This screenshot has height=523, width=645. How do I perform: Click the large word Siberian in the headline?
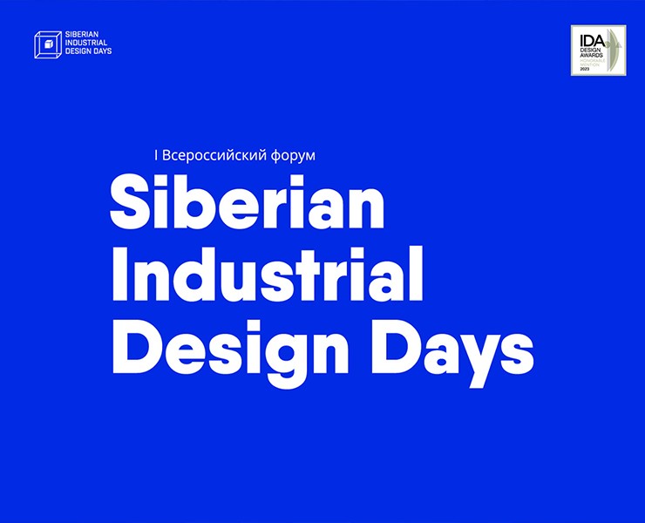247,203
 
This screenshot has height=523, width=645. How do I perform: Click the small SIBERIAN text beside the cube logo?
84,37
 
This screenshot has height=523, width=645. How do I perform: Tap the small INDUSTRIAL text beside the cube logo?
88,44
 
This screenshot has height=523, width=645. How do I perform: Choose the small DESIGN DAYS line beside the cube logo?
88,51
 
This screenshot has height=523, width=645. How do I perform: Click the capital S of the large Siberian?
127,203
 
